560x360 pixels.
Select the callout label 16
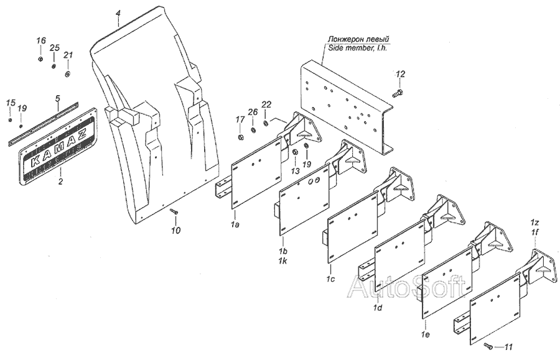pyautogui.click(x=40, y=41)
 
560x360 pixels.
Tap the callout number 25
pyautogui.click(x=54, y=48)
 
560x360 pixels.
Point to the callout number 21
pyautogui.click(x=68, y=55)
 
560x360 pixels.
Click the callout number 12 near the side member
pyautogui.click(x=401, y=74)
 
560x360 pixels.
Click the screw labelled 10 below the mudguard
pyautogui.click(x=174, y=213)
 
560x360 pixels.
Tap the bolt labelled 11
pyautogui.click(x=490, y=345)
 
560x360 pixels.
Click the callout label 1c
pyautogui.click(x=330, y=279)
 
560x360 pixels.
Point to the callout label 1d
pyautogui.click(x=377, y=307)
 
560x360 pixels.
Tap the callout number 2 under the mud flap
pyautogui.click(x=60, y=182)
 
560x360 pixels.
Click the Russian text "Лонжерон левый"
pyautogui.click(x=357, y=39)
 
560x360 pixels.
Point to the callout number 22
pyautogui.click(x=266, y=104)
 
